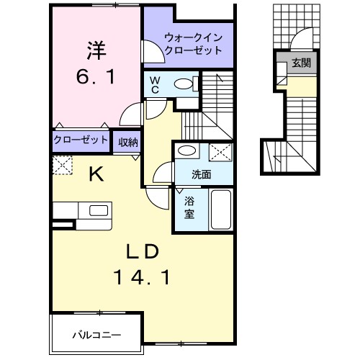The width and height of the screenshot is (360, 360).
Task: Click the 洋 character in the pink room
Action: coord(97,50)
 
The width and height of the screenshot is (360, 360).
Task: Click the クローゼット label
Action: coord(81,140)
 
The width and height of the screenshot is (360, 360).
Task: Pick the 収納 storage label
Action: coord(129,140)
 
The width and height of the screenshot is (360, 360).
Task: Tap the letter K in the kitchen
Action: coord(96,173)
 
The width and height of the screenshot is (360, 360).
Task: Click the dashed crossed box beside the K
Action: coord(61,166)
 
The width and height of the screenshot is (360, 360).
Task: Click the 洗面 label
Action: coord(202,174)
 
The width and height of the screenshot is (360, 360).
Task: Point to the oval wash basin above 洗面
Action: coord(188,151)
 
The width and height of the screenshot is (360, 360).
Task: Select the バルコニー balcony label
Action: coord(96,334)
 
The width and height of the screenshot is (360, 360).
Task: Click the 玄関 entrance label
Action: coord(301,63)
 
